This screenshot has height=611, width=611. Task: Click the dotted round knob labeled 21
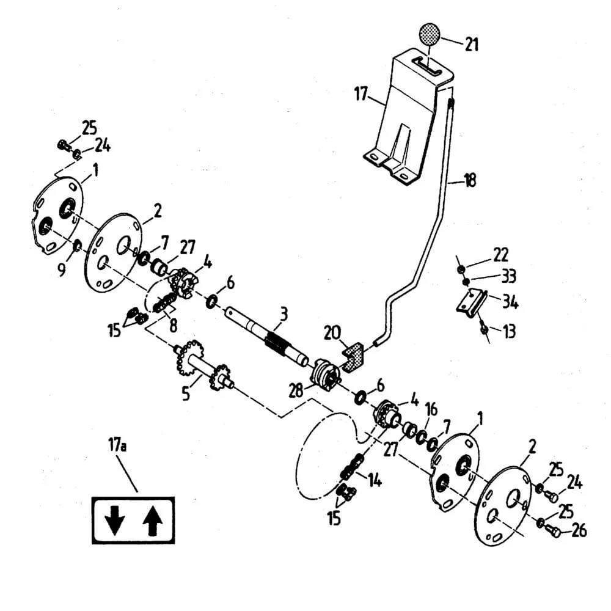(430, 34)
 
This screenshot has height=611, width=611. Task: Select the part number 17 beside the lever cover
(360, 95)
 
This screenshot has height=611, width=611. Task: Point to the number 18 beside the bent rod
(469, 181)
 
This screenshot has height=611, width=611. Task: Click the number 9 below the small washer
(62, 269)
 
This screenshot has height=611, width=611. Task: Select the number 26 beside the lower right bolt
(578, 530)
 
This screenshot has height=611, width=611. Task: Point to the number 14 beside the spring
(374, 481)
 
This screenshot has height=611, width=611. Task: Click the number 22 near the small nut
(501, 255)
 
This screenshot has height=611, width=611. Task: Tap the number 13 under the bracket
(508, 331)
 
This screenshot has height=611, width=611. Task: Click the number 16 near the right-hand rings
(431, 408)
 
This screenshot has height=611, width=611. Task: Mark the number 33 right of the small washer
(508, 277)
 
